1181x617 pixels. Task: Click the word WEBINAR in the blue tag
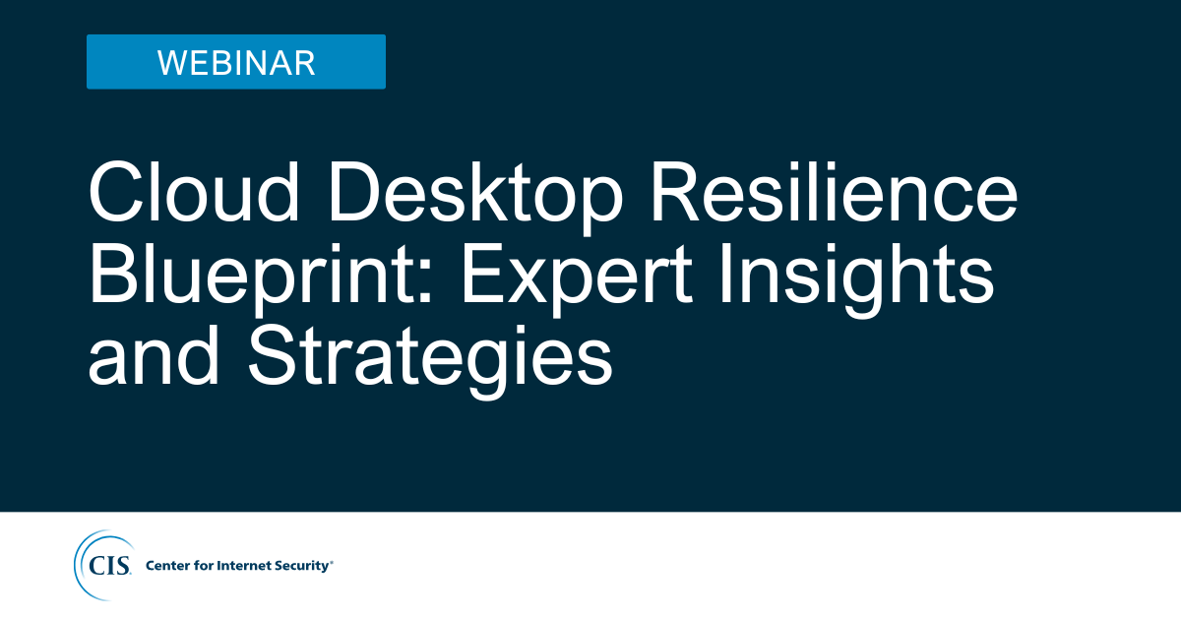coord(236,63)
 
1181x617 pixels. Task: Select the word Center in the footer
coord(167,566)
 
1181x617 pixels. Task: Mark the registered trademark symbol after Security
coord(332,562)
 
